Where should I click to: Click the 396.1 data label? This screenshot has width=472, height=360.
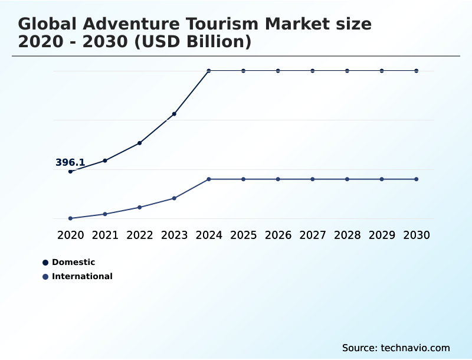click(x=70, y=162)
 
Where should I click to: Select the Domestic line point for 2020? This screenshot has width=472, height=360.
click(x=71, y=172)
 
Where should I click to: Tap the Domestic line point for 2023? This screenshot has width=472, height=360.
click(x=174, y=114)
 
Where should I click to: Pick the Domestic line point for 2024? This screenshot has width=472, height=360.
click(x=209, y=71)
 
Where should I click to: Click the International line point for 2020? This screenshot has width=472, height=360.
click(x=71, y=218)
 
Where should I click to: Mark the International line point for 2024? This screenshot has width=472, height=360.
click(x=209, y=179)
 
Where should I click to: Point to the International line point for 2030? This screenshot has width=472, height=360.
click(x=417, y=179)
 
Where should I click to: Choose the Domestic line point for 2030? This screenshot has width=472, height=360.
click(x=417, y=71)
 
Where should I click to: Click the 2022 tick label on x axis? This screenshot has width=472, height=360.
click(x=140, y=235)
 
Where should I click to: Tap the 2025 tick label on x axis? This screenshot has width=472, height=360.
click(x=243, y=235)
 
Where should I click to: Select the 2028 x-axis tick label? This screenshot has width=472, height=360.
click(x=347, y=235)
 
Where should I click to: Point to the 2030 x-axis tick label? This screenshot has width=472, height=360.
click(x=417, y=235)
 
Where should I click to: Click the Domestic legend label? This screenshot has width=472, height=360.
click(x=73, y=262)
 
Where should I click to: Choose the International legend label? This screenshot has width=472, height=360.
click(x=82, y=276)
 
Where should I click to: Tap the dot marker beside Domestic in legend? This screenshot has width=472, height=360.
click(x=45, y=263)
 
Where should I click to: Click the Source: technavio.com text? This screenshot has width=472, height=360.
click(x=396, y=348)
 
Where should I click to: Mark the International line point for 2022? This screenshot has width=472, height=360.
click(x=140, y=207)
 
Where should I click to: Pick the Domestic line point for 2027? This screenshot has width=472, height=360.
click(x=313, y=71)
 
